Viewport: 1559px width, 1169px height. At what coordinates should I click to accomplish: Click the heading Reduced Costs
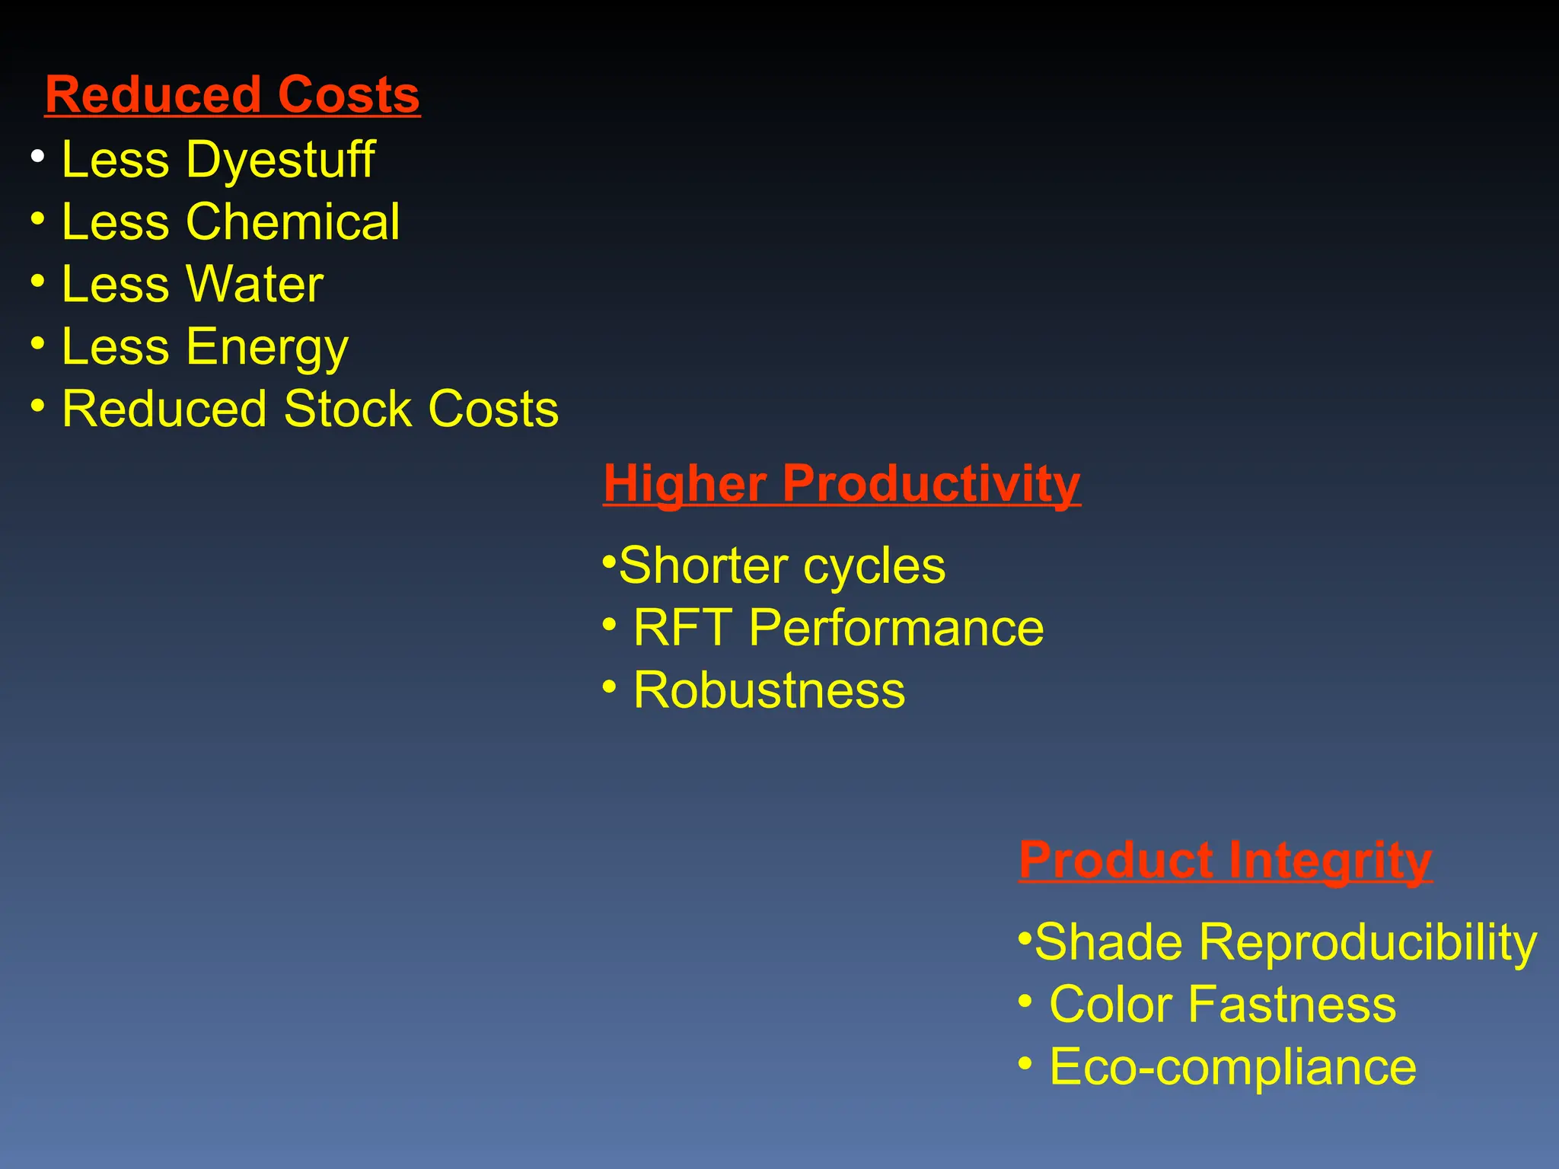232,95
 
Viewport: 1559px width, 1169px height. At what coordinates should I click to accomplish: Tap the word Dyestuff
281,161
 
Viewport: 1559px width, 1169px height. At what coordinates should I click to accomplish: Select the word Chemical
293,222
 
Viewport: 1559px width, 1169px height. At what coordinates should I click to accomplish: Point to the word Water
255,285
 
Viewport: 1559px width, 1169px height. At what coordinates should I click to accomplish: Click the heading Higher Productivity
841,483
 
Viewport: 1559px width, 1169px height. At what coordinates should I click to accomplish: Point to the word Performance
896,629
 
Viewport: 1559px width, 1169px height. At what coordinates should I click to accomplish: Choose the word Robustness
769,691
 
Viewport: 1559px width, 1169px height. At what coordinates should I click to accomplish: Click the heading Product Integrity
1226,860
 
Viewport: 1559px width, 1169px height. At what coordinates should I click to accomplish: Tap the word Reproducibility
1368,942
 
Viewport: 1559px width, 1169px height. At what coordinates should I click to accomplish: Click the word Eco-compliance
1232,1067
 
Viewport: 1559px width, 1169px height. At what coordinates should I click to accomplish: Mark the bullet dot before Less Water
38,281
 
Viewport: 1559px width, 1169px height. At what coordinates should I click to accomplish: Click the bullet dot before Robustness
609,686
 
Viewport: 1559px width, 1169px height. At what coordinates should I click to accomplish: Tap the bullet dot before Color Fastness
1025,1000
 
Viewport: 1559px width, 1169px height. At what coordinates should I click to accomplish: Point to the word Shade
1109,942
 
